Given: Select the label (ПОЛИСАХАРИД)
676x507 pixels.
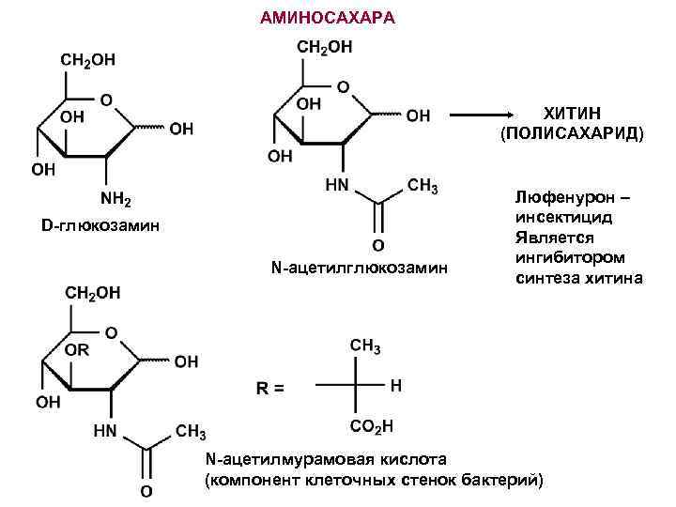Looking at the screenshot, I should click(x=572, y=132).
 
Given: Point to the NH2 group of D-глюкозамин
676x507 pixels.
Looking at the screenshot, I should click(x=115, y=199).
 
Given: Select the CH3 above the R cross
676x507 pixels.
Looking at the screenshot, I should click(x=365, y=346).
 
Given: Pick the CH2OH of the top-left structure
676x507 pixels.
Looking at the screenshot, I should click(x=90, y=59).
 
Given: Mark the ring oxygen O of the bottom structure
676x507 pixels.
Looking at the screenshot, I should click(x=110, y=332).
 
